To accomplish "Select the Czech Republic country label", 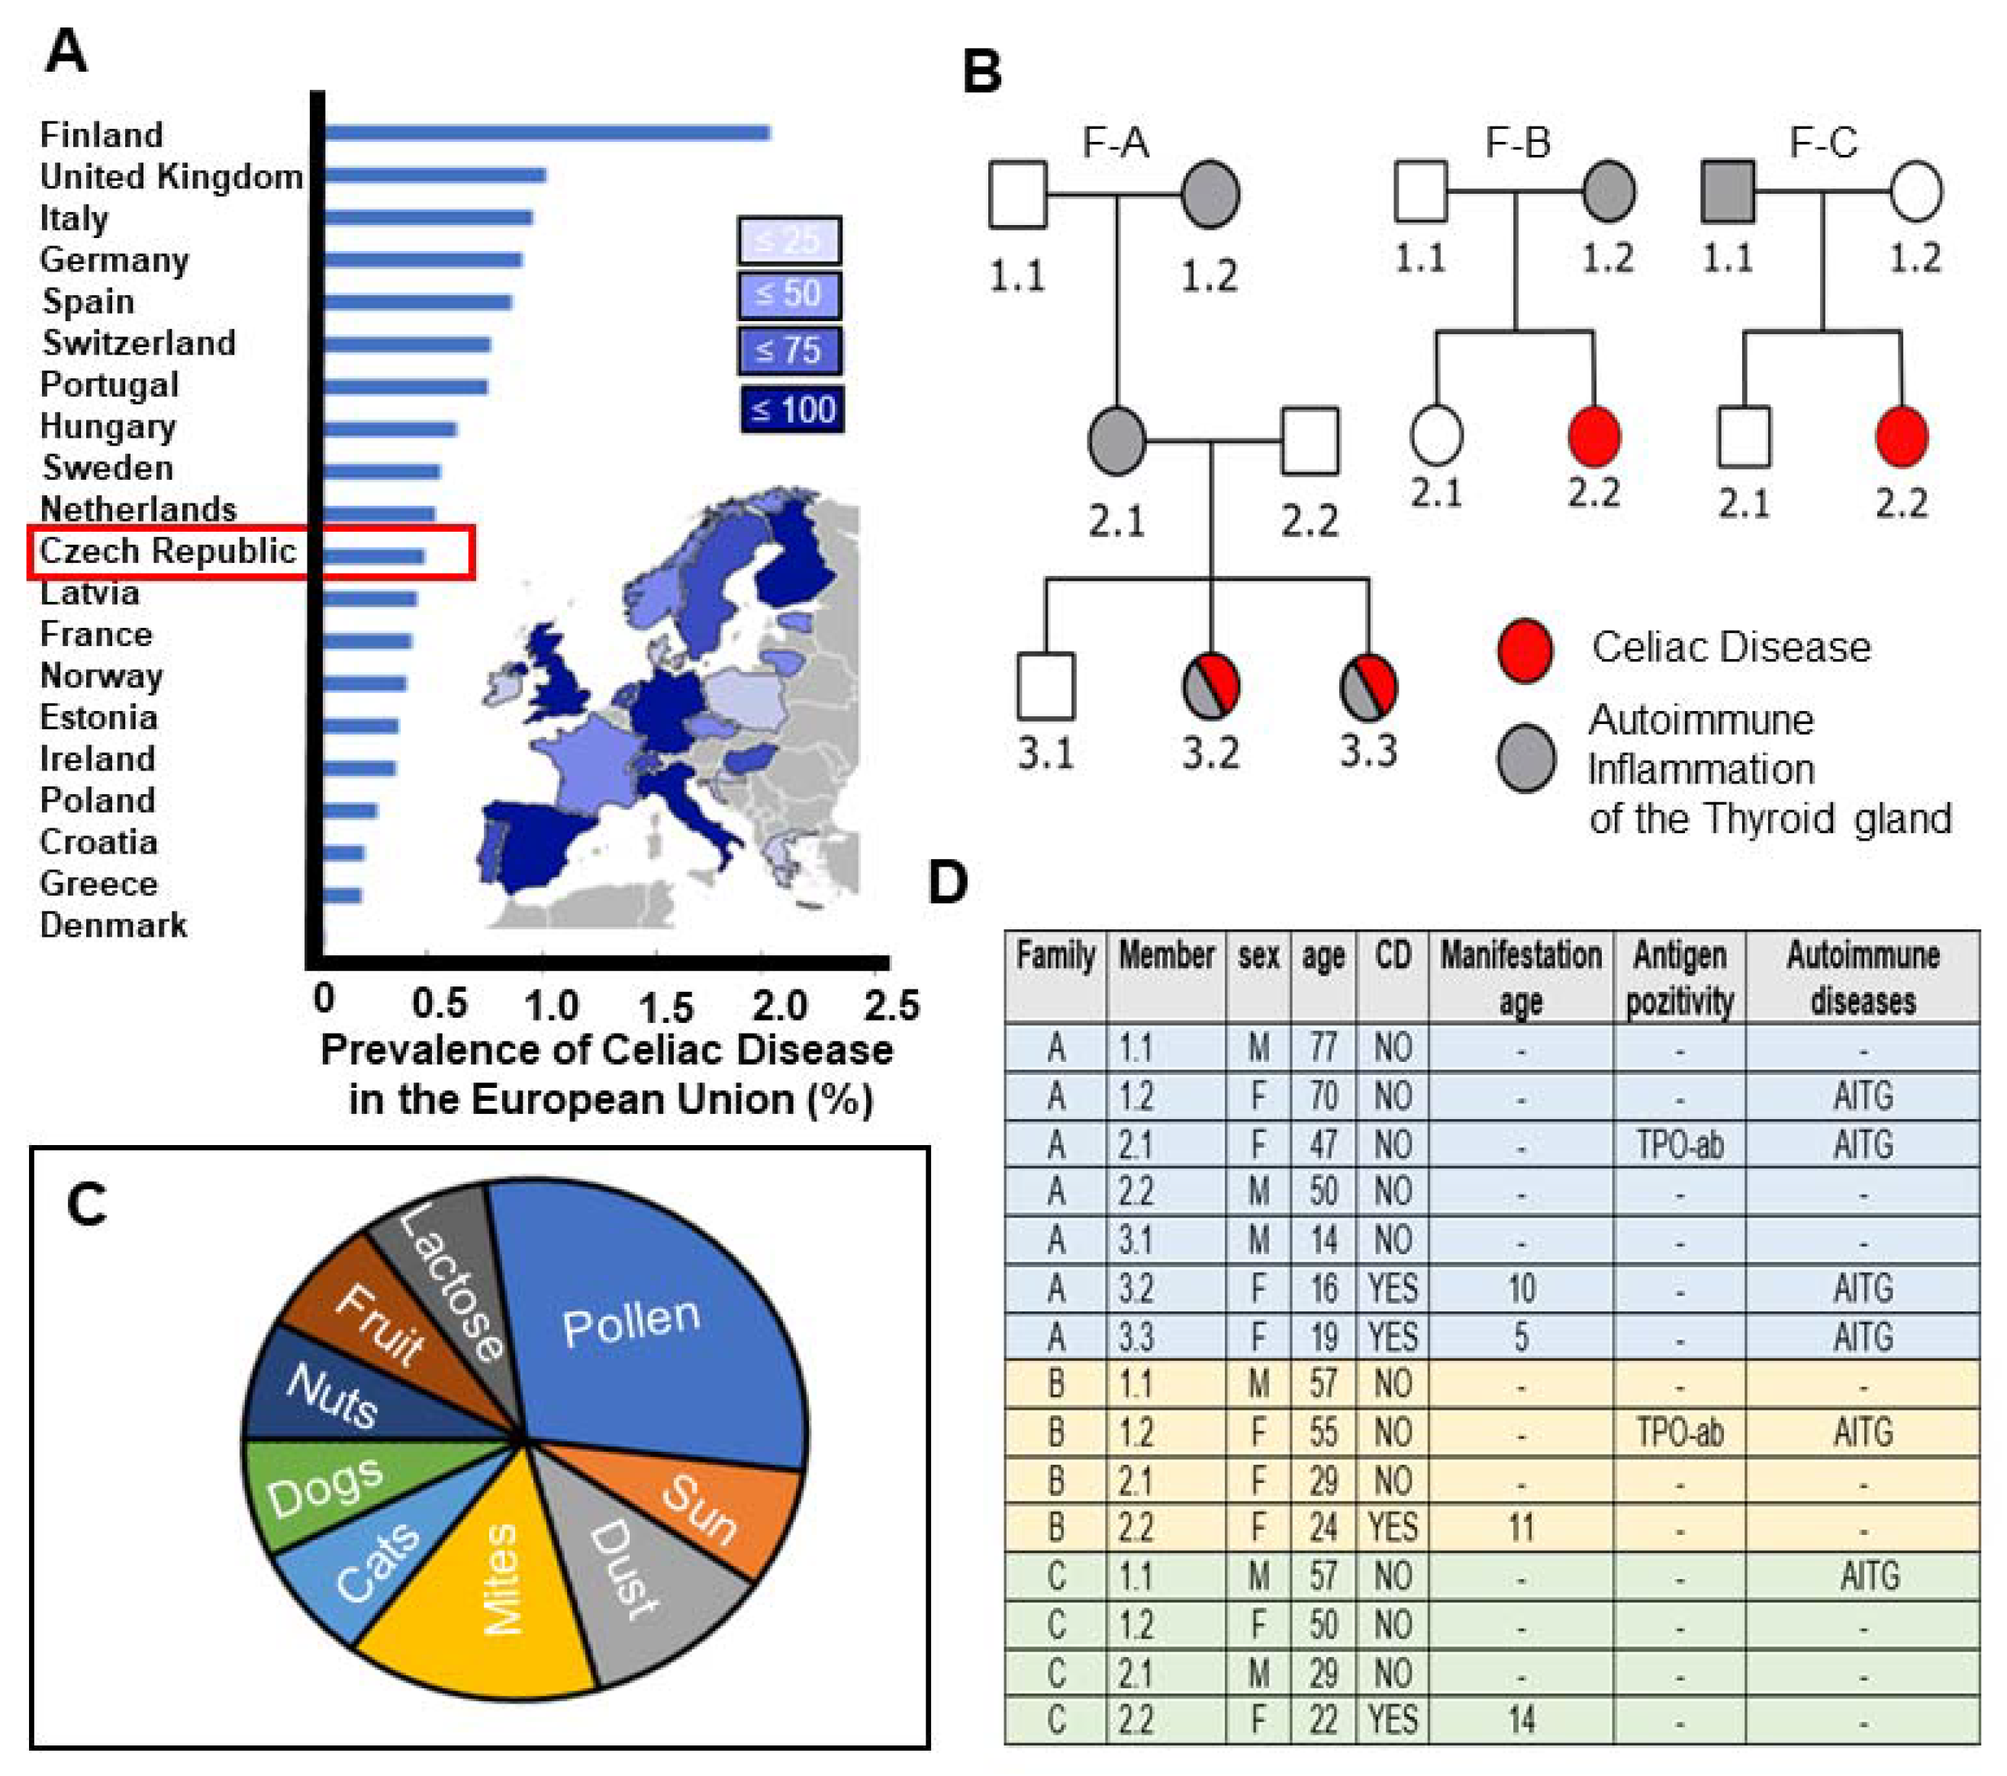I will point(167,551).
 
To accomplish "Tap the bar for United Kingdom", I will point(434,175).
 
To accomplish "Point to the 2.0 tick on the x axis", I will point(780,1003).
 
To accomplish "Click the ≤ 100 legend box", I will point(791,410).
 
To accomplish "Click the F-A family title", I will point(1116,143).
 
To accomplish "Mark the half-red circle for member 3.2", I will point(1210,685).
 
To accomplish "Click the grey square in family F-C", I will point(1727,192).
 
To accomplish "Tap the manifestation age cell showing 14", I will point(1520,1720).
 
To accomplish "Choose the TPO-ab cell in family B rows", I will point(1679,1433).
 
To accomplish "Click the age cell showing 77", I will point(1322,1047).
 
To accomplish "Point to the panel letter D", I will point(949,882).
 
